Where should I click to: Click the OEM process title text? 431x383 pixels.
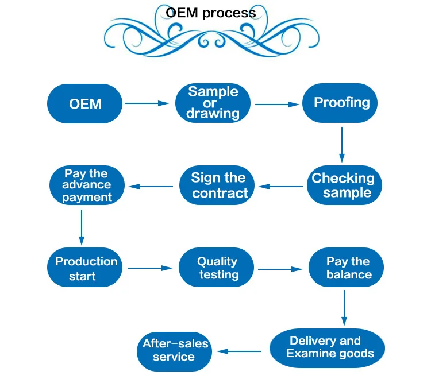coord(210,13)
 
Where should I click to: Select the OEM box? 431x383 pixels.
coord(85,103)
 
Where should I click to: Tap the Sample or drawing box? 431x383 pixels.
coord(213,102)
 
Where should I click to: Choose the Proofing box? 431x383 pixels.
coord(341,103)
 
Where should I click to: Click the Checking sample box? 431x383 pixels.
coord(343,185)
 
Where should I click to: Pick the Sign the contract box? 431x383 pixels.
coord(218,185)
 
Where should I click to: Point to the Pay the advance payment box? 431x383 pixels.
coord(87,185)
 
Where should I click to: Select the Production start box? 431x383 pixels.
coord(86,268)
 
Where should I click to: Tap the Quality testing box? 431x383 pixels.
coord(218,268)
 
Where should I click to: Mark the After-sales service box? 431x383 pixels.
coord(174,349)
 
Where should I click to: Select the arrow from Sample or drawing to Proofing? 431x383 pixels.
coord(277,104)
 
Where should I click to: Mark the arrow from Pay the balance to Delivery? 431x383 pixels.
coord(344,308)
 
